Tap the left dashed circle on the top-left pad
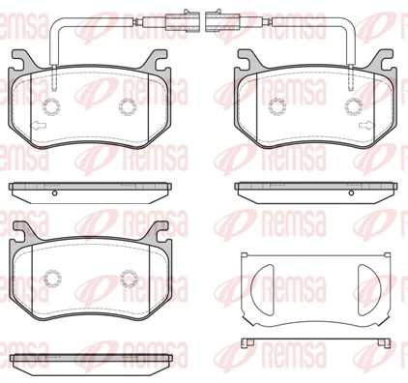(x=53, y=106)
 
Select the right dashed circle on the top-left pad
(x=127, y=106)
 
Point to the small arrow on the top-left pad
(x=36, y=126)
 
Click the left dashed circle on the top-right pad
(x=281, y=106)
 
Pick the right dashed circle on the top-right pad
(x=355, y=106)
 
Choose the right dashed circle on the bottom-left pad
(x=127, y=280)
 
